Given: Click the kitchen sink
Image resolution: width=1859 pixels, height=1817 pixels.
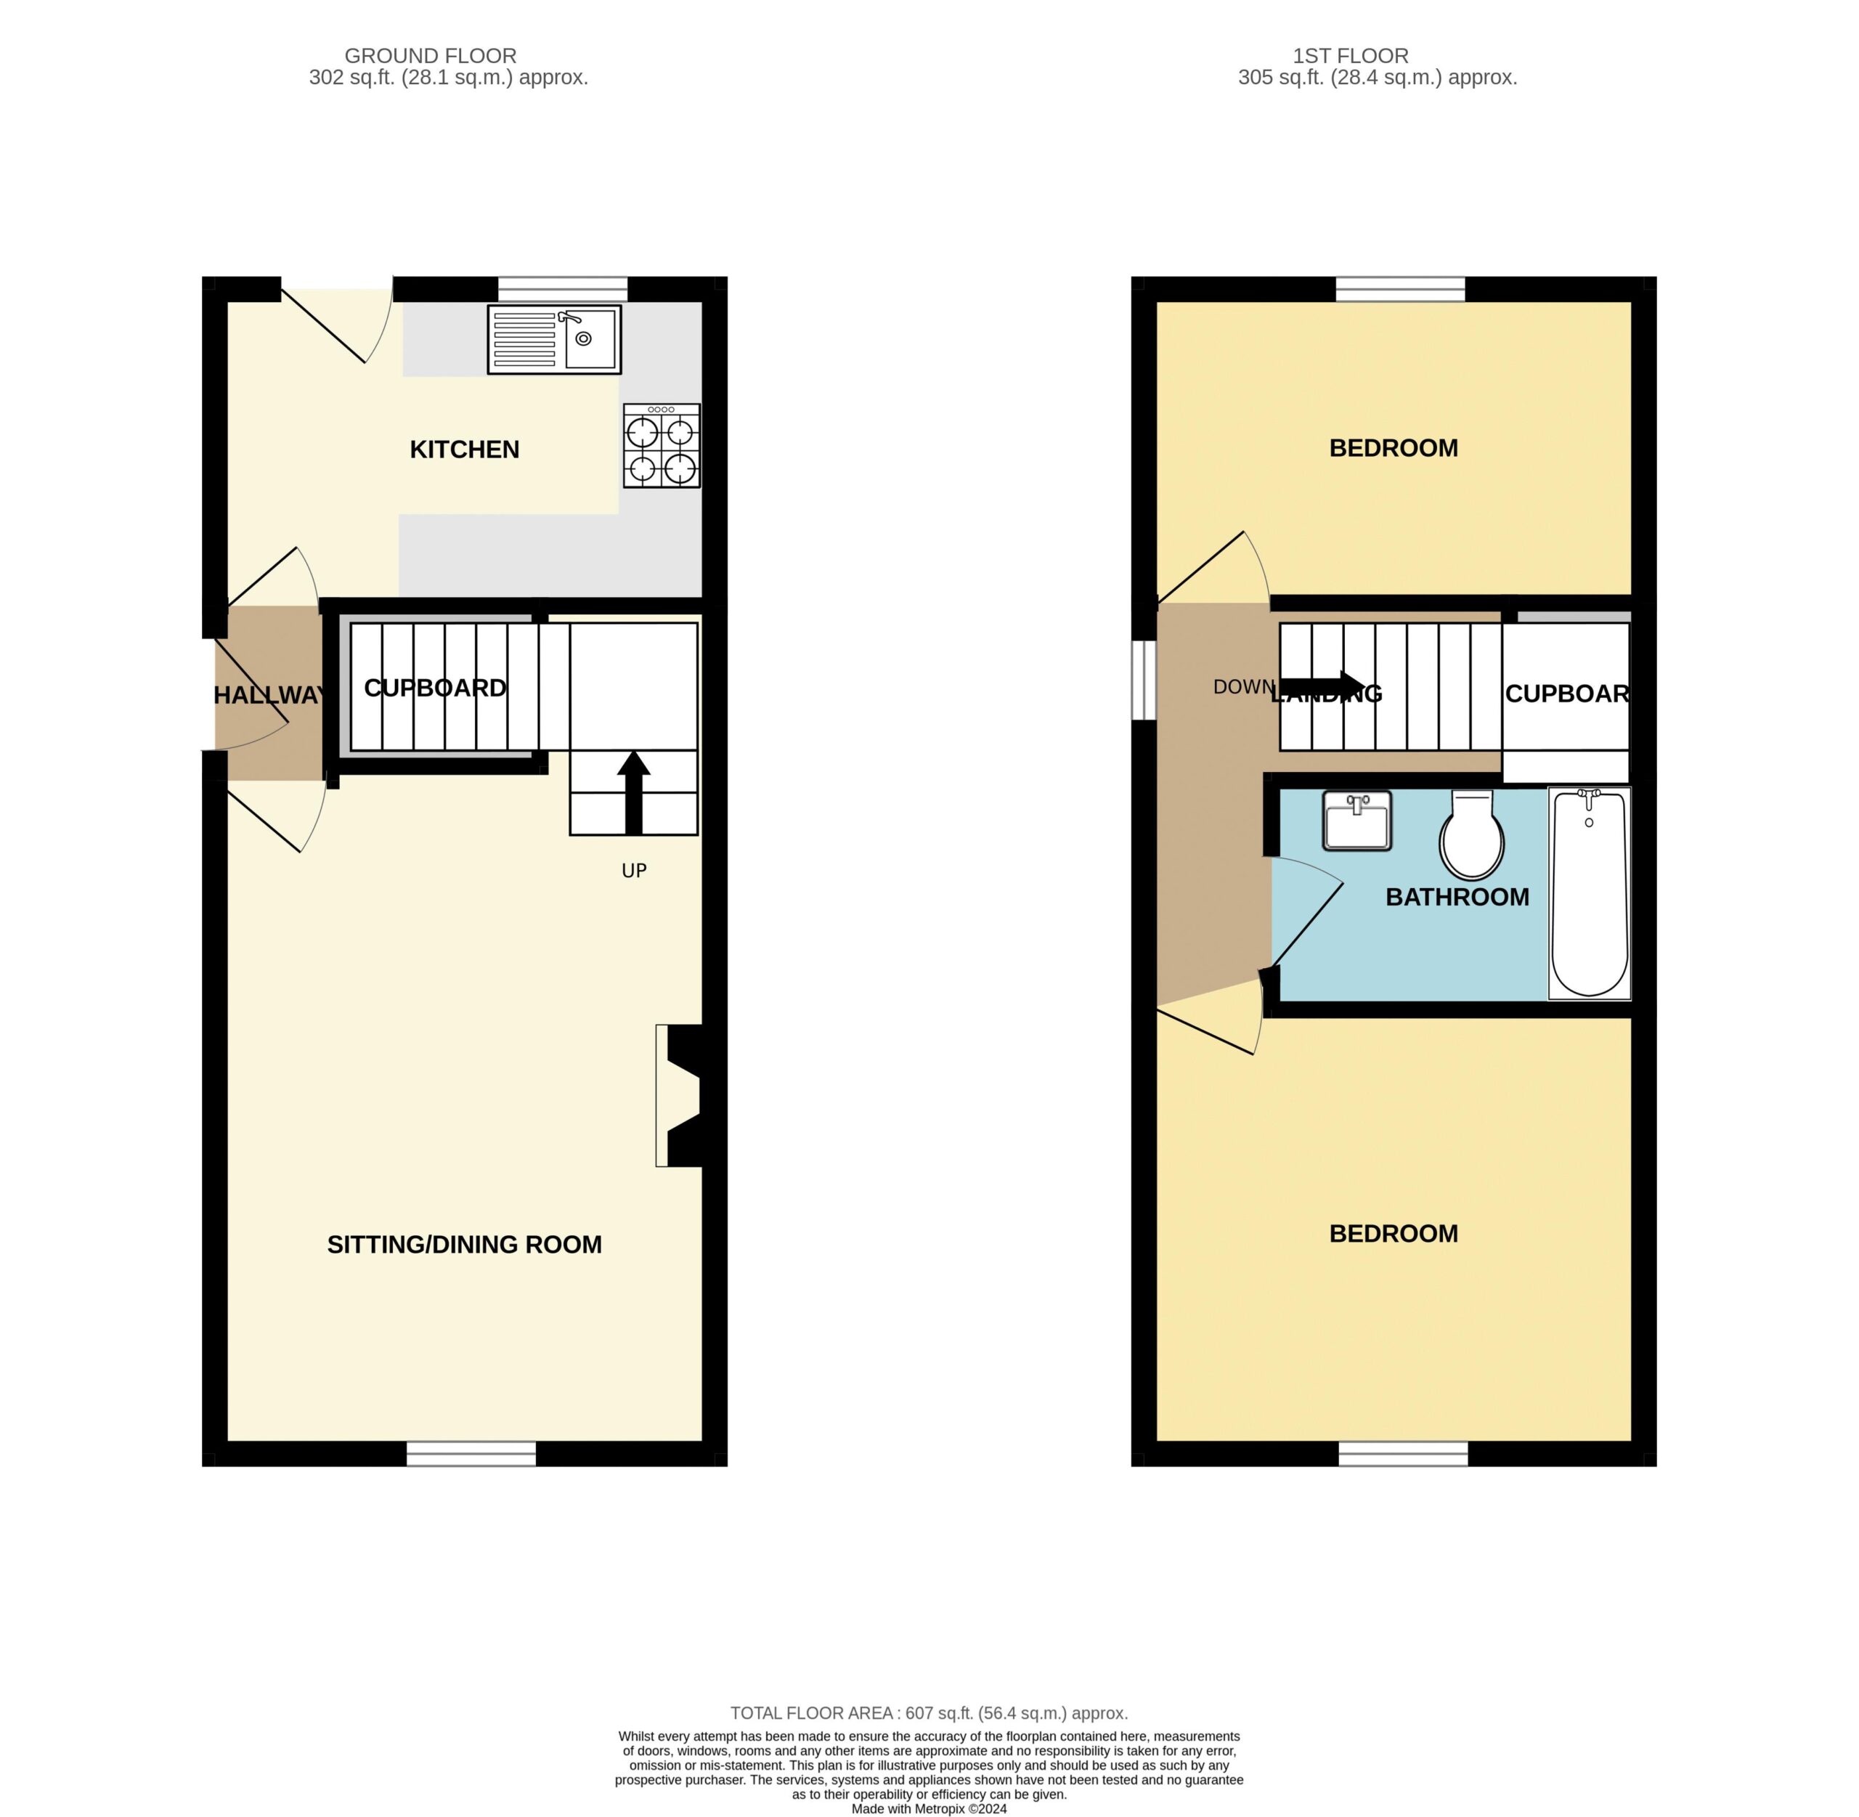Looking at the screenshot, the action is (x=553, y=338).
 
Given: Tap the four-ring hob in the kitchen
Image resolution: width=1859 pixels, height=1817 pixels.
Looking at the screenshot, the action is (x=662, y=446).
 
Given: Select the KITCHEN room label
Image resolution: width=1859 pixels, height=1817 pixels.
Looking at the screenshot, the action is (x=465, y=450).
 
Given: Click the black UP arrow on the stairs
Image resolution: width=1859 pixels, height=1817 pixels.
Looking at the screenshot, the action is (x=634, y=792).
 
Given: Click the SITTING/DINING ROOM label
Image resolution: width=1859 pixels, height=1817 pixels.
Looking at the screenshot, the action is (x=465, y=1245).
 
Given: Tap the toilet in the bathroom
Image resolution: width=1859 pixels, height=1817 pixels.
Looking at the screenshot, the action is (x=1471, y=834).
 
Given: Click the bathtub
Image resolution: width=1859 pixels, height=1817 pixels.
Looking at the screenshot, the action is (x=1589, y=893).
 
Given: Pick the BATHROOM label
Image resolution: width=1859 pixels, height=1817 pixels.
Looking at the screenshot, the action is (x=1457, y=897).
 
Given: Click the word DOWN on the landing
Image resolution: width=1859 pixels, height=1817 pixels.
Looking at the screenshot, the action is (x=1243, y=687).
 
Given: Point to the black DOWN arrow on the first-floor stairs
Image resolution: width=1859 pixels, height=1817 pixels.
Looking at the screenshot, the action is (x=1322, y=686).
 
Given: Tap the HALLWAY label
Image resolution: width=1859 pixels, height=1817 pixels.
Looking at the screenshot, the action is (x=270, y=696).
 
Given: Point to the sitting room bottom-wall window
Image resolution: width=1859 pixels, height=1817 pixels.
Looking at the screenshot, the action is (x=471, y=1453).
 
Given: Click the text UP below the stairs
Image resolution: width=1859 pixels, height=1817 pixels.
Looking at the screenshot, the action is (x=635, y=870).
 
